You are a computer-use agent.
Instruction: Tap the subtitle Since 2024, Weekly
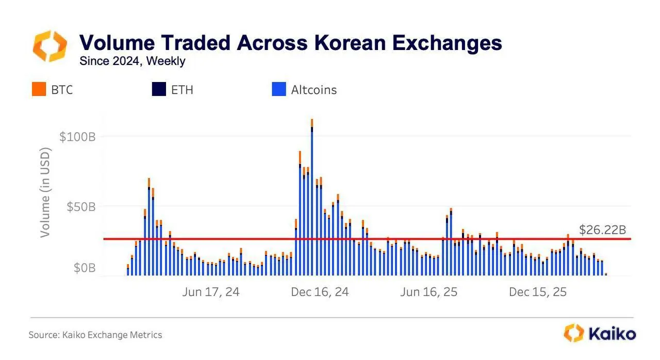(132, 61)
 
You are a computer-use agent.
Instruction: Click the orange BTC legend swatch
(39, 89)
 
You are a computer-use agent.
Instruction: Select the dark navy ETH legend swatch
(159, 89)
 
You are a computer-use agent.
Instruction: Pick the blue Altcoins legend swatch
(278, 89)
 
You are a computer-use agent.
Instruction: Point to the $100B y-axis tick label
(77, 137)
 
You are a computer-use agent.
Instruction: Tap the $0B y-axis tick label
(84, 268)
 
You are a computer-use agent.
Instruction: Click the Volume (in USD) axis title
(45, 193)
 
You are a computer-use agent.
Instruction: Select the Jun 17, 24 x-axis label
(211, 292)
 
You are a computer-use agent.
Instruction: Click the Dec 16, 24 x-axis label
(320, 292)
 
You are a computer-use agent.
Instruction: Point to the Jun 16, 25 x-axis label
(428, 292)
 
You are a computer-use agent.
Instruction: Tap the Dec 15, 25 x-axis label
(537, 292)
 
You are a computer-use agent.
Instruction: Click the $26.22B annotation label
(602, 230)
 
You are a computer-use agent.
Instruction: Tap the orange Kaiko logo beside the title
(49, 45)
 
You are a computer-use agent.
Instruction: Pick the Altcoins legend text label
(313, 90)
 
